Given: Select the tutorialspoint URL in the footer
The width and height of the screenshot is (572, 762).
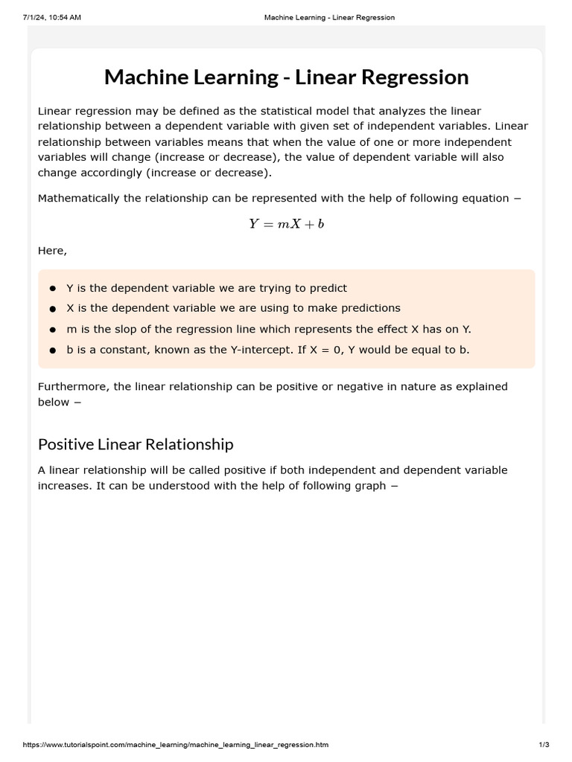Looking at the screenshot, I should pyautogui.click(x=165, y=745).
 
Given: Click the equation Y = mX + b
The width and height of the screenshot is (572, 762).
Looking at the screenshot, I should pyautogui.click(x=286, y=224).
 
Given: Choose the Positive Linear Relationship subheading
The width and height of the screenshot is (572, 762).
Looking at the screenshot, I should pyautogui.click(x=136, y=444).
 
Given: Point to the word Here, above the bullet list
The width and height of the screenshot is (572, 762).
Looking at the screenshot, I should pyautogui.click(x=52, y=251).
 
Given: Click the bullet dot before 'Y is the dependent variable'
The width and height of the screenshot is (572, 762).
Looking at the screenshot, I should pyautogui.click(x=53, y=289).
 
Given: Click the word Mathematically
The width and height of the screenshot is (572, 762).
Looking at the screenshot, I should pyautogui.click(x=78, y=199).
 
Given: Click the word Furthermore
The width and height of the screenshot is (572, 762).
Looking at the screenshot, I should pyautogui.click(x=71, y=386).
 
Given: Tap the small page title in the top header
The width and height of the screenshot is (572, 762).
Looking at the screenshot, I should pyautogui.click(x=329, y=17).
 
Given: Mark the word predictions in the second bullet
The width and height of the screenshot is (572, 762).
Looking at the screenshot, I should pyautogui.click(x=369, y=308).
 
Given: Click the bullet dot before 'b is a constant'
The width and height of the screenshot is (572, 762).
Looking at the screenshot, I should pyautogui.click(x=53, y=350).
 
